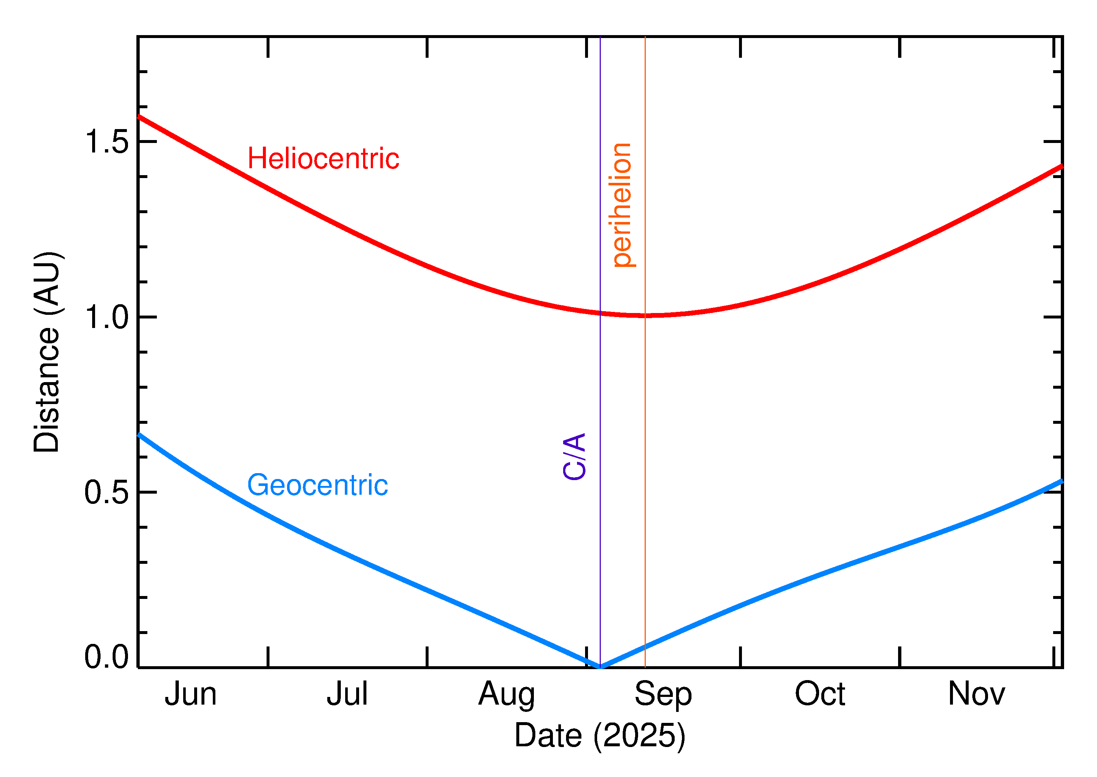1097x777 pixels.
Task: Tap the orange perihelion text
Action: (x=622, y=205)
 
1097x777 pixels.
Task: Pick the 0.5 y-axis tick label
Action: (x=106, y=492)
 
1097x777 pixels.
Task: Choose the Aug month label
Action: (x=507, y=695)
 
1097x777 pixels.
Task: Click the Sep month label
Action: (x=663, y=695)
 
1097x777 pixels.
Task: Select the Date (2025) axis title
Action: (x=600, y=735)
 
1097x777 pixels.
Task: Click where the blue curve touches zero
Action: (x=600, y=667)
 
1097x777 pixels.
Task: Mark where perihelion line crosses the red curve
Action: (x=645, y=315)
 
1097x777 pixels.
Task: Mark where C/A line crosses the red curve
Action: (x=600, y=313)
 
